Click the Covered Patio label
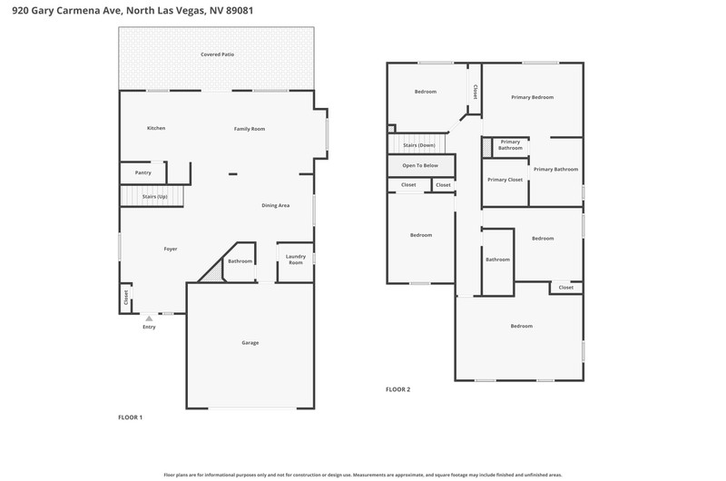coord(217,54)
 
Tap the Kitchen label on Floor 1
coord(156,128)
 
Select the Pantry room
coord(143,172)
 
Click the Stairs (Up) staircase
coord(152,196)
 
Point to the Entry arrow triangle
coord(149,319)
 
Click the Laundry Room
coord(296,262)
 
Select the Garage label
coord(250,343)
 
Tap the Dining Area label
coord(276,205)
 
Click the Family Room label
coord(250,129)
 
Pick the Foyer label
coord(171,249)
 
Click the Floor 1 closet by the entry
coord(125,299)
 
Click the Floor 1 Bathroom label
coord(240,261)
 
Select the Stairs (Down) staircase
coord(417,144)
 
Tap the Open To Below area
coord(421,166)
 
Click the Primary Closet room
coord(505,182)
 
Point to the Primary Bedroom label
coord(533,97)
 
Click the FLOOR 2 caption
coord(397,389)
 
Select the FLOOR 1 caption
coord(130,417)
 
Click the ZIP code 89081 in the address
coord(240,11)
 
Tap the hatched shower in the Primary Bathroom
coord(486,147)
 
